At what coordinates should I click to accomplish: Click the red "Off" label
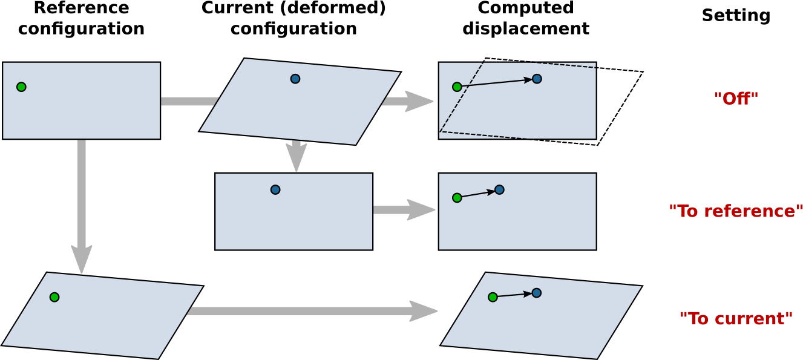point(736,99)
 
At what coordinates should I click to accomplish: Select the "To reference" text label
point(736,211)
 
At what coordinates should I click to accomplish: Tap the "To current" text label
point(736,319)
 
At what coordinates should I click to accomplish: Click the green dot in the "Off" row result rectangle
point(457,87)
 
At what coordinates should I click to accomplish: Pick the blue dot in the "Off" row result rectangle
point(537,79)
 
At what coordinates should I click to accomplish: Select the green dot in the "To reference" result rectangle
point(457,198)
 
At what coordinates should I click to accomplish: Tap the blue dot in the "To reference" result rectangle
point(499,190)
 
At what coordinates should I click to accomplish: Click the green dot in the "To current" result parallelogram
point(493,297)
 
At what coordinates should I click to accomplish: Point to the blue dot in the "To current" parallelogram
point(536,293)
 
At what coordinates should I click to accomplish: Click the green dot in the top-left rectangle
point(21,87)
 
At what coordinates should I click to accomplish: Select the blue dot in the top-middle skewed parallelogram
point(295,79)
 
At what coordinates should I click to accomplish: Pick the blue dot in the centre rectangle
point(275,190)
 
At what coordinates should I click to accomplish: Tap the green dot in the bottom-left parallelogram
point(54,297)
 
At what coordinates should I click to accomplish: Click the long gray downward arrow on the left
point(82,206)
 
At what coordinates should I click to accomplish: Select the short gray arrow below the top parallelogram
point(296,156)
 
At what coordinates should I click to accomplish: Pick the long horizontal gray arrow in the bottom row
point(312,311)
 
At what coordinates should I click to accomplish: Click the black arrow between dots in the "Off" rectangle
point(497,83)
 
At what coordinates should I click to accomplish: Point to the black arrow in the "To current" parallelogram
point(514,295)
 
